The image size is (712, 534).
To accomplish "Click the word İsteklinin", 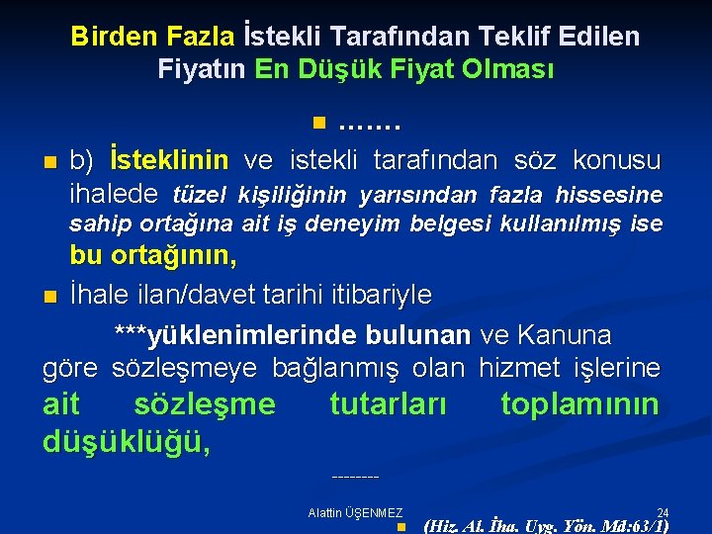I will [x=169, y=160].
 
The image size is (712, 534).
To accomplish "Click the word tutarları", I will [x=388, y=404].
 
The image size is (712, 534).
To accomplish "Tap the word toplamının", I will [x=579, y=404].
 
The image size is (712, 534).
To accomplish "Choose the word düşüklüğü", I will [x=127, y=441].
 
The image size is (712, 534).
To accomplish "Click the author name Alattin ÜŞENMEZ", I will [x=355, y=512].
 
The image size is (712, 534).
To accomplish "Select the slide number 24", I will [x=663, y=512].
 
